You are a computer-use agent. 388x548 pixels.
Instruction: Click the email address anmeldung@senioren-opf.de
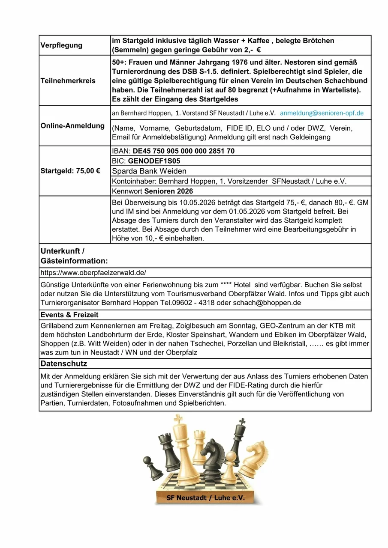(322, 113)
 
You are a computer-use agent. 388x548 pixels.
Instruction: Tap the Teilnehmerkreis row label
(68, 80)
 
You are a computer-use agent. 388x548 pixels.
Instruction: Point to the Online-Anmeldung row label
(72, 126)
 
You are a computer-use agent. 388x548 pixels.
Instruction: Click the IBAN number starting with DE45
(183, 151)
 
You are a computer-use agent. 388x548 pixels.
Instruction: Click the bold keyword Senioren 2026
(168, 191)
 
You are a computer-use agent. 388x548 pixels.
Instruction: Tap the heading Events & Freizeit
(69, 315)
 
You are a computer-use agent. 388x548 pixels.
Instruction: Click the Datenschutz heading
(64, 363)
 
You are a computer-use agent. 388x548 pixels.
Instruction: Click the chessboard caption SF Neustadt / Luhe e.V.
(205, 498)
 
